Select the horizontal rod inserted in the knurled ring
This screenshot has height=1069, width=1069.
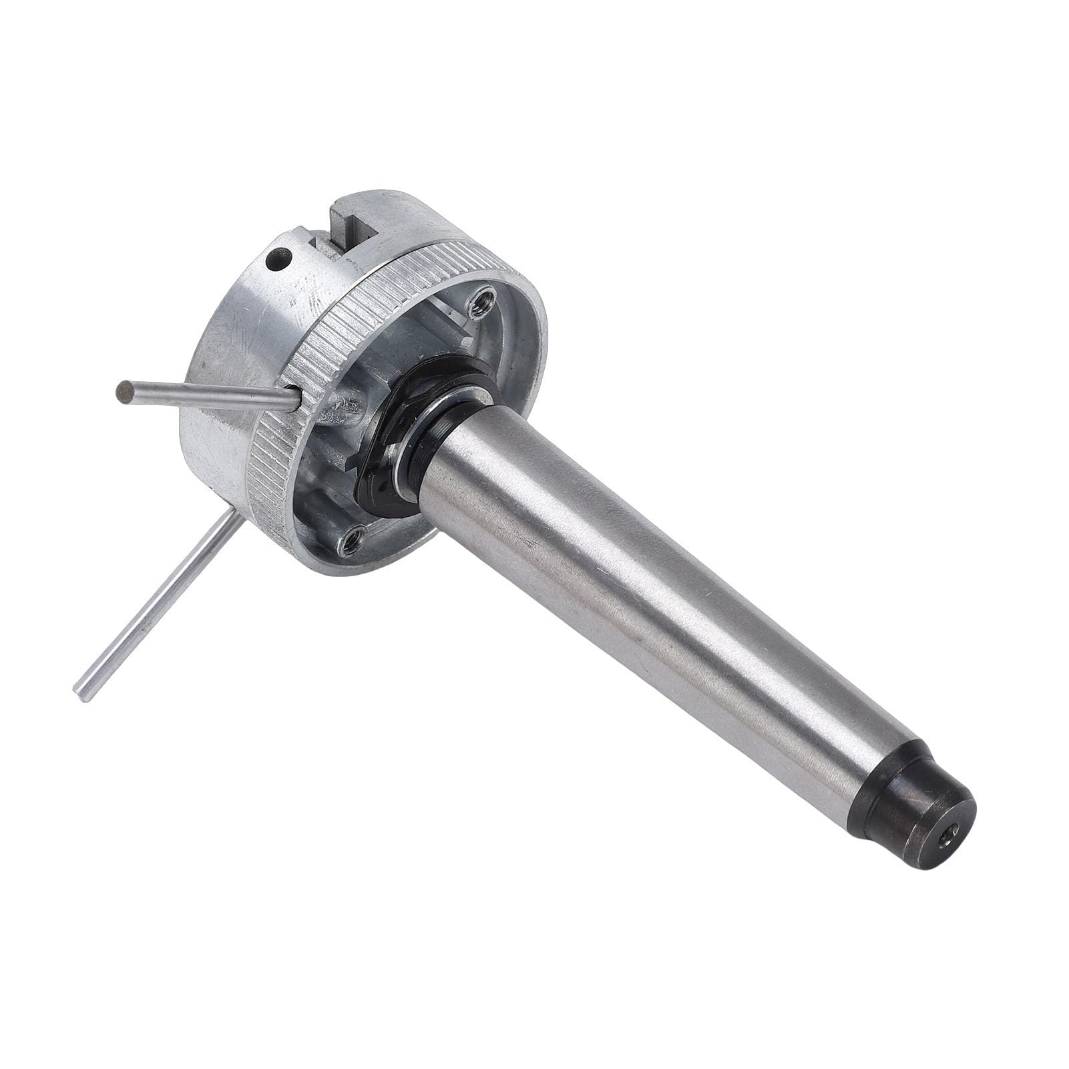point(207,397)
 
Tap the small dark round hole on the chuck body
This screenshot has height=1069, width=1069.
point(279,259)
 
